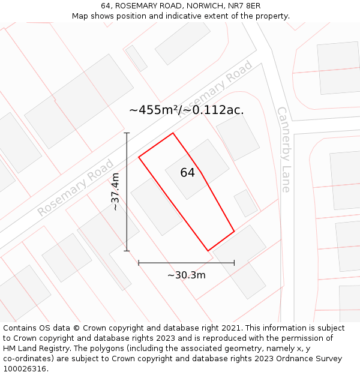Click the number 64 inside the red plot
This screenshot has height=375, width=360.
point(187,173)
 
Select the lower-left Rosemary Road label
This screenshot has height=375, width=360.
point(76,188)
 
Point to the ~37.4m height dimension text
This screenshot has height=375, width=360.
point(116,191)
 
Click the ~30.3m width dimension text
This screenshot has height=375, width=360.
point(186,275)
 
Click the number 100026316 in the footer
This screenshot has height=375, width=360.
point(26,369)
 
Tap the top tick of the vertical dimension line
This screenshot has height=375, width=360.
point(127,133)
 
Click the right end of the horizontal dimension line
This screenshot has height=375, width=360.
point(234,262)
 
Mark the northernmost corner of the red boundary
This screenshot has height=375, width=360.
point(173,133)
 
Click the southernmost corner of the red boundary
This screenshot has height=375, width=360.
point(208,251)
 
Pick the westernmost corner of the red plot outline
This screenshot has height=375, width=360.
point(139,157)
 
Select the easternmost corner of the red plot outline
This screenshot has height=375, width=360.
point(234,231)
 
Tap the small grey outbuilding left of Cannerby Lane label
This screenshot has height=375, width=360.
point(245,203)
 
